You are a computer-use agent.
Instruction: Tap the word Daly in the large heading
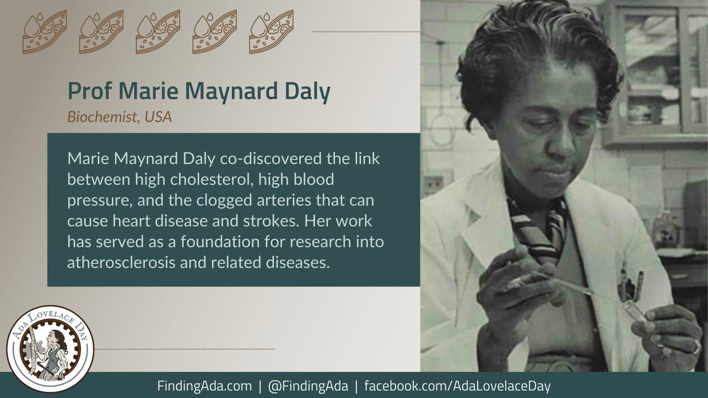coord(307,91)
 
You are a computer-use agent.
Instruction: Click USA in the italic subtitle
coord(158,117)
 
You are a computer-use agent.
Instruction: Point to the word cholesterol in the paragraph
coord(210,180)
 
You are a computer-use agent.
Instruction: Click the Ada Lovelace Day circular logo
coord(50,349)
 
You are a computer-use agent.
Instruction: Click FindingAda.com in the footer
coord(204,386)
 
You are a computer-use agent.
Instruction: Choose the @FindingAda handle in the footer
coord(308,386)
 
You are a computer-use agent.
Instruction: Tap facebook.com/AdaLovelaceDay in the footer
coord(457,386)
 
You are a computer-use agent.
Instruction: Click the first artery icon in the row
coord(45,32)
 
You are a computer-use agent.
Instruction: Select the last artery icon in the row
coord(271,32)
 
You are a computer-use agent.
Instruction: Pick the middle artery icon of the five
coord(158,32)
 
